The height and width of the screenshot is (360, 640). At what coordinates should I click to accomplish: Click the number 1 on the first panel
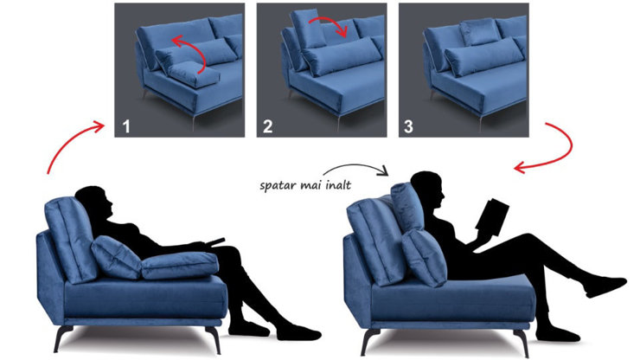(126, 126)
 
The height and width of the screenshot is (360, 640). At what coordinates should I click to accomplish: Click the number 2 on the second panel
(268, 126)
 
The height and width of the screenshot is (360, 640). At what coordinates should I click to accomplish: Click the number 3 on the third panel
(409, 126)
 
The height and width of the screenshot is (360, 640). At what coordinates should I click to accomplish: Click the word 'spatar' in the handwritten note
(279, 184)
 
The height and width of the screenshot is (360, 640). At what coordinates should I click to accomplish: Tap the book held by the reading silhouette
(494, 216)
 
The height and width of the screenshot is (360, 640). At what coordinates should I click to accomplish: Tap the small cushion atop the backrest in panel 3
(477, 33)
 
